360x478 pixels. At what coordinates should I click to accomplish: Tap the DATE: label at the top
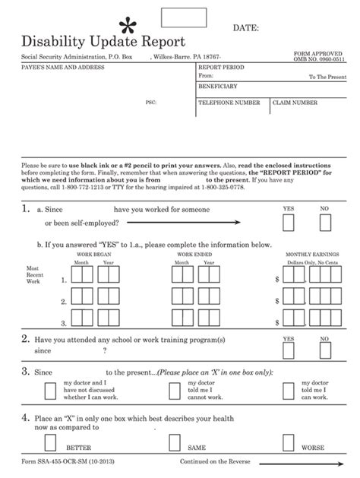[246, 28]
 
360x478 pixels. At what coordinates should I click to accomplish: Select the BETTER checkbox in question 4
[50, 443]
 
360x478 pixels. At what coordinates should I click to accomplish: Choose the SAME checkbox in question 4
[174, 443]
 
